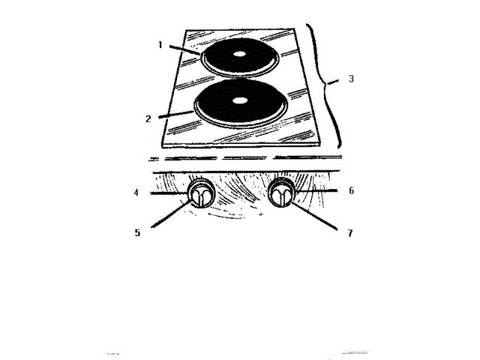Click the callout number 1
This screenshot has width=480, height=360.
tap(160, 44)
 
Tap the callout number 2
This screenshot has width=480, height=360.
tap(148, 118)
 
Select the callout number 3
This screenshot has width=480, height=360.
tap(352, 78)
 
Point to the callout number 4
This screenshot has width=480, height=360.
tap(136, 193)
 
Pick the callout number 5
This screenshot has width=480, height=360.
tap(137, 232)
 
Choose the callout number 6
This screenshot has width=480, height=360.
tap(351, 191)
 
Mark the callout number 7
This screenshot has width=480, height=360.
tap(349, 233)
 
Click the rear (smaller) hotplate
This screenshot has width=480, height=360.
tap(238, 57)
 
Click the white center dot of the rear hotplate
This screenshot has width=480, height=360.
tap(238, 55)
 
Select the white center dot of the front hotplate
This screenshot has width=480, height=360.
tap(239, 100)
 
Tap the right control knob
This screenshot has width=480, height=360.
tap(282, 194)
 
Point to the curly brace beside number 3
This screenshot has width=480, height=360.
tap(325, 82)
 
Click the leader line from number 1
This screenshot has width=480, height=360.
tap(183, 51)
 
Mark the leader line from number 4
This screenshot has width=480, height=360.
tap(165, 193)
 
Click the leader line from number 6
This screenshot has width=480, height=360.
tap(319, 193)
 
